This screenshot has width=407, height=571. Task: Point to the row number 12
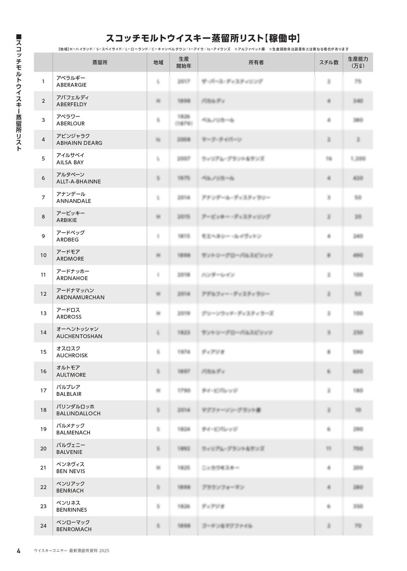(43, 294)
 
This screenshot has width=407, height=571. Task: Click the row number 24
(43, 526)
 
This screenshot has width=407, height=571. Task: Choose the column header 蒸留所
(100, 63)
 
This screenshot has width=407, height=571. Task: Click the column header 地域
(158, 63)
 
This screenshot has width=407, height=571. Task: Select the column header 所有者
(256, 63)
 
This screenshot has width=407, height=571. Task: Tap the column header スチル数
(329, 63)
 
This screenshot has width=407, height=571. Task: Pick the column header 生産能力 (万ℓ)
(358, 63)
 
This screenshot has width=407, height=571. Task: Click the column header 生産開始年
(184, 63)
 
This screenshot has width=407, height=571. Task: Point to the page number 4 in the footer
(19, 550)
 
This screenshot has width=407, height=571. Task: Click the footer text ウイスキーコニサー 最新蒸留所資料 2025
(71, 551)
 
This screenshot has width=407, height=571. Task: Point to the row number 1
(43, 81)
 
